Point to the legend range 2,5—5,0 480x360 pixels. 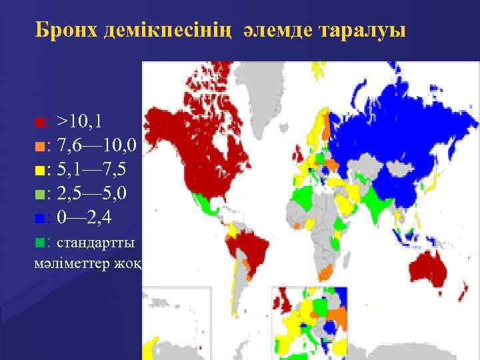97,193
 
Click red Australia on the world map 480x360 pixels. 433,267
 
